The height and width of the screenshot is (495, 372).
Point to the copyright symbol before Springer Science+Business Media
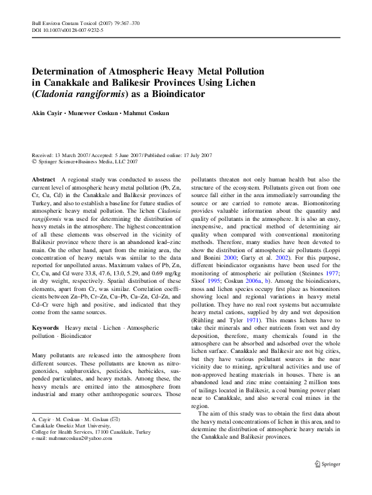pyautogui.click(x=34, y=161)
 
